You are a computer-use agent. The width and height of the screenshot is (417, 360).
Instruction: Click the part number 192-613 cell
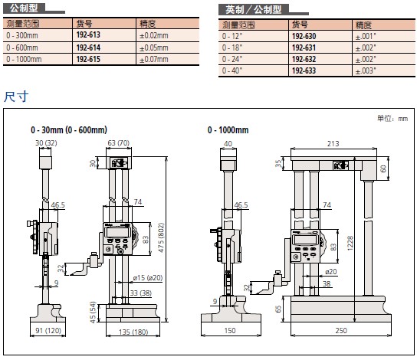pos(88,34)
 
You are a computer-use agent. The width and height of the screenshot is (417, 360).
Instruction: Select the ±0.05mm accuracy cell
pos(154,47)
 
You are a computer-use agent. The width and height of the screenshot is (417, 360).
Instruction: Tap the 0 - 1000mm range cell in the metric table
pos(24,59)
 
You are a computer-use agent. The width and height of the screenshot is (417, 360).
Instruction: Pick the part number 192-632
pos(304,59)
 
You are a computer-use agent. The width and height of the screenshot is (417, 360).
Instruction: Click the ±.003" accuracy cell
pos(366,70)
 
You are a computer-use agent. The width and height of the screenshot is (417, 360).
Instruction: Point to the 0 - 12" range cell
pos(232,36)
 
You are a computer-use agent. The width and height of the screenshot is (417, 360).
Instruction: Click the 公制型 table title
pos(24,8)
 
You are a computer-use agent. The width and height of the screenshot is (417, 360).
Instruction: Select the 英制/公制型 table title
pos(254,10)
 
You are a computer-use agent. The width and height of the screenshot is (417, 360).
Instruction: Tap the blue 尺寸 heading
pos(16,96)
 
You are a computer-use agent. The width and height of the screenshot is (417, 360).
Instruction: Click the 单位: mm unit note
pos(392,118)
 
